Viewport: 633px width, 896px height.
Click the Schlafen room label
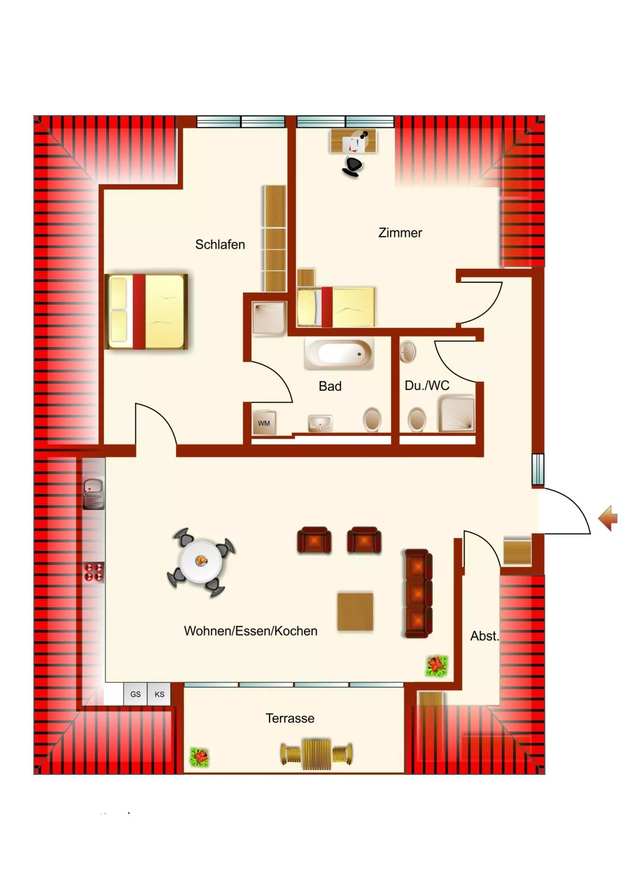click(x=220, y=245)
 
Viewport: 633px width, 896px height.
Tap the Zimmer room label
click(x=400, y=233)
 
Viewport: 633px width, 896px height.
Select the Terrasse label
click(x=290, y=719)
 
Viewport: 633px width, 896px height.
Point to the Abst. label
click(x=484, y=636)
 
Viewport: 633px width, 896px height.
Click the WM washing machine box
click(x=264, y=423)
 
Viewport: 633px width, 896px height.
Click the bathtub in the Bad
click(x=339, y=353)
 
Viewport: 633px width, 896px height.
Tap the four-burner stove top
click(x=94, y=572)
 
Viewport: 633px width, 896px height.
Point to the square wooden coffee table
click(x=355, y=611)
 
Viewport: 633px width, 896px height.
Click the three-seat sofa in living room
click(x=419, y=594)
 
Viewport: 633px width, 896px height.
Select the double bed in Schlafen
click(x=146, y=311)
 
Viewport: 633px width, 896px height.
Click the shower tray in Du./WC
click(x=457, y=414)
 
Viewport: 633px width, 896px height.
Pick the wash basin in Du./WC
click(x=407, y=352)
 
